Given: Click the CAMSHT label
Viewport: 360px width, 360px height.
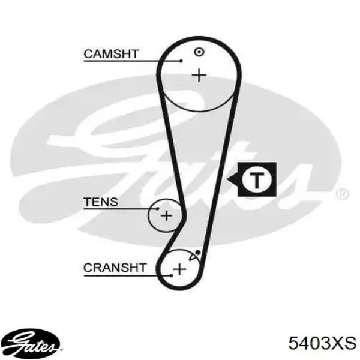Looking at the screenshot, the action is point(111,54).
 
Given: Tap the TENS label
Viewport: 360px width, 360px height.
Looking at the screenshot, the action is point(101,202).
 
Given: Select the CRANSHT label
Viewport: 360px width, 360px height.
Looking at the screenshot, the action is point(115,268).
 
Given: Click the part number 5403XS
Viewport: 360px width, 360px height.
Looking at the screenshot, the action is point(322,343).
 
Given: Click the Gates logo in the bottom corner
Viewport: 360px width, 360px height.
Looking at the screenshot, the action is point(31,343).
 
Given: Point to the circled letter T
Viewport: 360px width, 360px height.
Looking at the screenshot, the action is point(257,179).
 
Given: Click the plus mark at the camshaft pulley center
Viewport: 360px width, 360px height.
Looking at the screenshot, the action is point(199,75).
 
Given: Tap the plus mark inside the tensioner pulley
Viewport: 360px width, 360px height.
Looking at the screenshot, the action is point(166,215).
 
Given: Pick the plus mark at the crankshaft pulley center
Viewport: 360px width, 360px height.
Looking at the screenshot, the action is point(179,269).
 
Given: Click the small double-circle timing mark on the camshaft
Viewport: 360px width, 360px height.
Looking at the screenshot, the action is point(199,52).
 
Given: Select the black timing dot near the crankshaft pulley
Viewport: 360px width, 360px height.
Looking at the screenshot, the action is point(198,253).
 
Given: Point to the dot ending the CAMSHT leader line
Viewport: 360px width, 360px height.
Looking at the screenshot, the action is point(181,61).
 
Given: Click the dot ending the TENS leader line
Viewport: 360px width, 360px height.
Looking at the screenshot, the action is point(157,209).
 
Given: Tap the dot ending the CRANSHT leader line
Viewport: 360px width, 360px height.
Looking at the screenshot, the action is point(171,275).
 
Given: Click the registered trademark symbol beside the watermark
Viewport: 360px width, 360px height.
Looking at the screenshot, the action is point(343,194).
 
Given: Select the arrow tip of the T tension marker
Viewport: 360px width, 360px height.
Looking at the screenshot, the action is point(227,179).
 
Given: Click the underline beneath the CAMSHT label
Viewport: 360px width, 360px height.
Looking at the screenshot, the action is point(133,61).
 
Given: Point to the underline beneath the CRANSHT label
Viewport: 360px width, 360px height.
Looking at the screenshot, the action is point(127,275).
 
